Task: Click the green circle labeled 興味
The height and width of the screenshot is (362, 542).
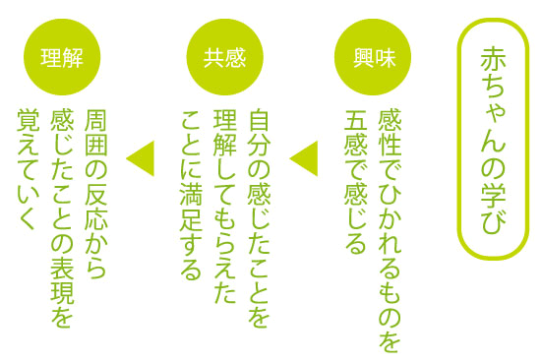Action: pyautogui.click(x=373, y=57)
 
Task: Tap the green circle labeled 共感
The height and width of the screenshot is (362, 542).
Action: pyautogui.click(x=224, y=57)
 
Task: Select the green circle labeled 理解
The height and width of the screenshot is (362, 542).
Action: pyautogui.click(x=62, y=57)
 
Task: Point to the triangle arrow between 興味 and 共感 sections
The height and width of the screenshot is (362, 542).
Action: pyautogui.click(x=304, y=158)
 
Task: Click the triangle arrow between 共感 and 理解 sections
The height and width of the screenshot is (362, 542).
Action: pyautogui.click(x=141, y=158)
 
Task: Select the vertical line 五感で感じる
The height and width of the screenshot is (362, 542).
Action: pyautogui.click(x=356, y=182)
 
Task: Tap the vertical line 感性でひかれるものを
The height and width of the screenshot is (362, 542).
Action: pyautogui.click(x=390, y=230)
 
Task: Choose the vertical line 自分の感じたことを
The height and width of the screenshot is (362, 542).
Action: pyautogui.click(x=259, y=218)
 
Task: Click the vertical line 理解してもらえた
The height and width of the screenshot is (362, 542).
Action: pyautogui.click(x=224, y=207)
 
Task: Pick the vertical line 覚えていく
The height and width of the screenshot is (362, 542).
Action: pyautogui.click(x=29, y=170)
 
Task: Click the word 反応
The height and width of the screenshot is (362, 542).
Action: pyautogui.click(x=95, y=207)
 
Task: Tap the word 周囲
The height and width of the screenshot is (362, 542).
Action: pyautogui.click(x=95, y=134)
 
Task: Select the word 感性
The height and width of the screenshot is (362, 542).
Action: pyautogui.click(x=390, y=134)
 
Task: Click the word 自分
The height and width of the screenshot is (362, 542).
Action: pyautogui.click(x=259, y=134)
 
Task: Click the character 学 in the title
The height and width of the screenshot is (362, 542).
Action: pyautogui.click(x=493, y=194)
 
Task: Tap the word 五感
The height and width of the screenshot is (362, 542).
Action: pyautogui.click(x=356, y=134)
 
